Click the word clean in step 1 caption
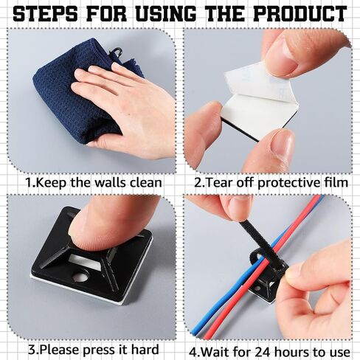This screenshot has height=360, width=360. tap(146, 183)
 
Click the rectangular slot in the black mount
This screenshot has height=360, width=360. tap(85, 261)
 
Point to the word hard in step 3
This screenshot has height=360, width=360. tap(145, 350)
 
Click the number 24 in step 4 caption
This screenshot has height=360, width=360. tap(263, 352)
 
